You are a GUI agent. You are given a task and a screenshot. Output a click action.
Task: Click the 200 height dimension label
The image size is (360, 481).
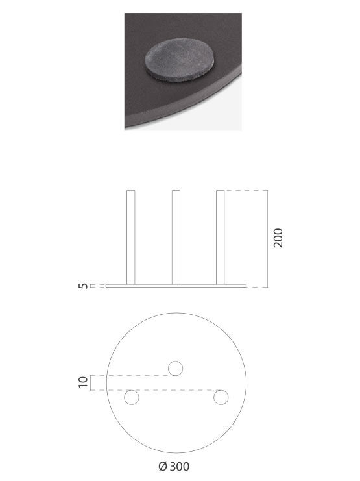(x=278, y=238)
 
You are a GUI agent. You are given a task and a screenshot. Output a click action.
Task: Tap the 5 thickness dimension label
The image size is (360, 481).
(x=83, y=286)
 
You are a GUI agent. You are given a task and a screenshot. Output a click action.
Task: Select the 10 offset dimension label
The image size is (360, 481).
(x=83, y=382)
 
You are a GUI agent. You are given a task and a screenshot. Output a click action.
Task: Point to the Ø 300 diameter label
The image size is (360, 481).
(x=174, y=467)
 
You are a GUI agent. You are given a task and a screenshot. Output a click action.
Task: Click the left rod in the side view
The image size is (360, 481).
(x=131, y=238)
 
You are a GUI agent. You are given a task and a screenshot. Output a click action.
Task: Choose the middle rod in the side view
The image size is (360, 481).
(x=176, y=238)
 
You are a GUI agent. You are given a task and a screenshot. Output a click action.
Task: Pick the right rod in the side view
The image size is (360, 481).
(x=220, y=238)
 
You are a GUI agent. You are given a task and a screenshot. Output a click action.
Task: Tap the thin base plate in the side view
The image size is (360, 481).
(x=176, y=286)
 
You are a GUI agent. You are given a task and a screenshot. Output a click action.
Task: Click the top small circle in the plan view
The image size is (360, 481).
(x=176, y=368)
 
